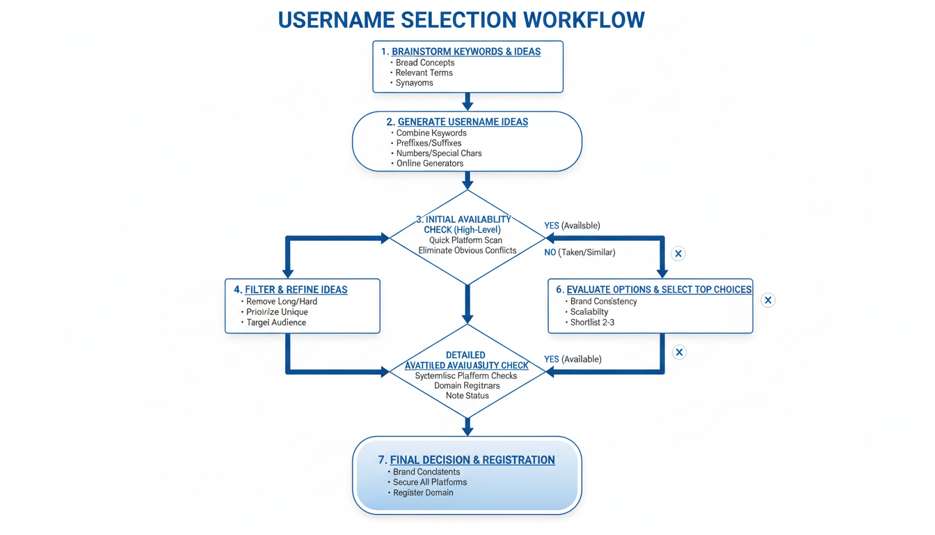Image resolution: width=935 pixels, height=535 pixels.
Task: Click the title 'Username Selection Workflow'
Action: (x=461, y=20)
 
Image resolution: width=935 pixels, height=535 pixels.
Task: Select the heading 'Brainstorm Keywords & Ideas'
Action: (x=465, y=52)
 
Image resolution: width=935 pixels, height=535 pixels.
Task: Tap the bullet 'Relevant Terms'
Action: (x=424, y=72)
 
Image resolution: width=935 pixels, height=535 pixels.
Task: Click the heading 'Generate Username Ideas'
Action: (x=463, y=122)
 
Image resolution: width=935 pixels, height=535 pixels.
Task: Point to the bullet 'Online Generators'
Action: (x=429, y=163)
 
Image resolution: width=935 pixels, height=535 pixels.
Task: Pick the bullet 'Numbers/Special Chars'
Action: (x=438, y=153)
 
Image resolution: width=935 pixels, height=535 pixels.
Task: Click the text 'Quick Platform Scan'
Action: (x=465, y=240)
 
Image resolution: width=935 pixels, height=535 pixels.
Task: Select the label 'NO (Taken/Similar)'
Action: (x=580, y=252)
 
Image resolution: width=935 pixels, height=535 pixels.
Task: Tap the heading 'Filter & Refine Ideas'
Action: (x=296, y=289)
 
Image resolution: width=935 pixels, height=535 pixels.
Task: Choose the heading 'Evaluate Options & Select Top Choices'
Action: (x=659, y=289)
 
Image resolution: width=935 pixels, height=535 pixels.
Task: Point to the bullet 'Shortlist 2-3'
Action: (x=592, y=323)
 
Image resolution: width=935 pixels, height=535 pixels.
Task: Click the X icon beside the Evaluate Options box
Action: (x=767, y=300)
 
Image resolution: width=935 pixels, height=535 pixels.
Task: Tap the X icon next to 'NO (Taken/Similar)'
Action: (x=678, y=254)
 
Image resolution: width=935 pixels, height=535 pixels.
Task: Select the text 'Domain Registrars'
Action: (x=467, y=385)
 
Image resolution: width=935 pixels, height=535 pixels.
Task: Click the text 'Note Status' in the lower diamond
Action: (x=467, y=396)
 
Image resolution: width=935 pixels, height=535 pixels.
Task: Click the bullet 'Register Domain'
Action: (x=423, y=493)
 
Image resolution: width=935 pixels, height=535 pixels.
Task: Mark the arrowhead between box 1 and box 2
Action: (x=467, y=105)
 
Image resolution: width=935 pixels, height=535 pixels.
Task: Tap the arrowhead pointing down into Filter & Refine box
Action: (x=287, y=272)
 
